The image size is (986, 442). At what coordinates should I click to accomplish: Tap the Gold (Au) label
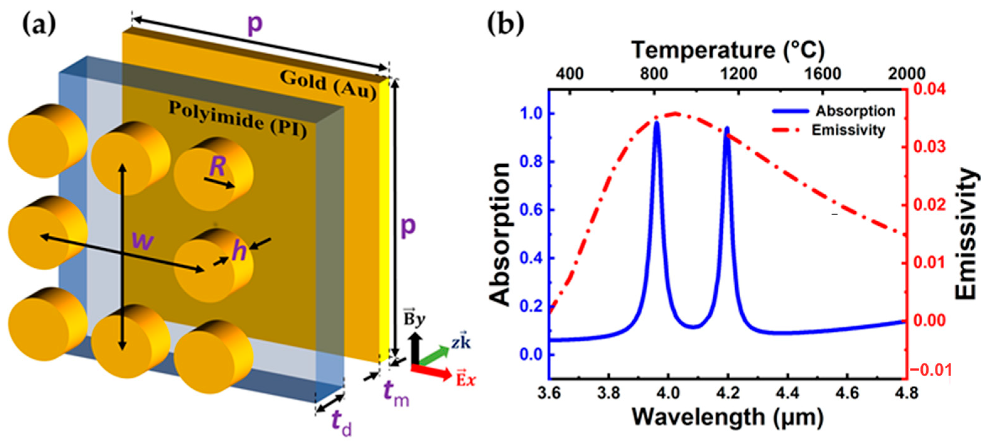tap(328, 85)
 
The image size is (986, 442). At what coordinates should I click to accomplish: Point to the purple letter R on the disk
tap(217, 167)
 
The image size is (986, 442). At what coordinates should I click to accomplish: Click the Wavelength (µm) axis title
tap(727, 417)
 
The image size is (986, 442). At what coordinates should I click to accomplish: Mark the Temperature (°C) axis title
tap(727, 50)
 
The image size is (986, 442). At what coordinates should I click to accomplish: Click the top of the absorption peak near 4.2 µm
tap(727, 128)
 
